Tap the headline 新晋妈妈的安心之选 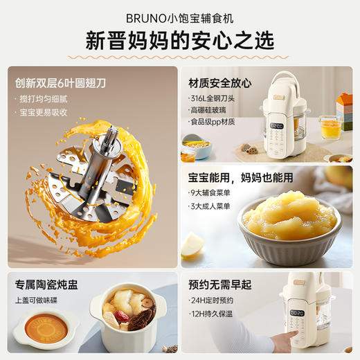180,39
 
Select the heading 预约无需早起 221,285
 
